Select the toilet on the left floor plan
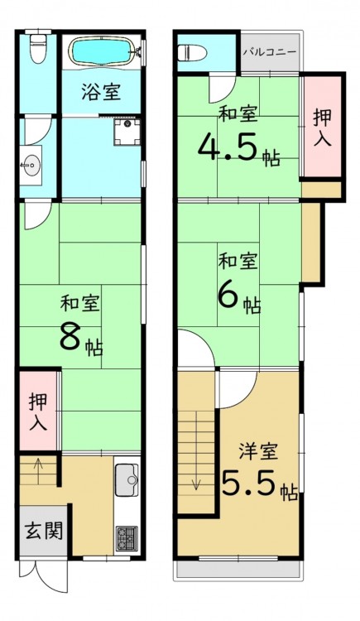click(x=38, y=46)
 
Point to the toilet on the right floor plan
click(x=192, y=53)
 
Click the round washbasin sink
click(x=31, y=165)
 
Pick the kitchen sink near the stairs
click(x=127, y=480)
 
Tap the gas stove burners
click(x=127, y=538)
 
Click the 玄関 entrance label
click(x=44, y=530)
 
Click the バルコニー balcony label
click(x=270, y=52)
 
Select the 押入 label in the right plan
click(x=323, y=128)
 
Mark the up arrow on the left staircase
click(x=38, y=471)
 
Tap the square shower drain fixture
click(x=127, y=132)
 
